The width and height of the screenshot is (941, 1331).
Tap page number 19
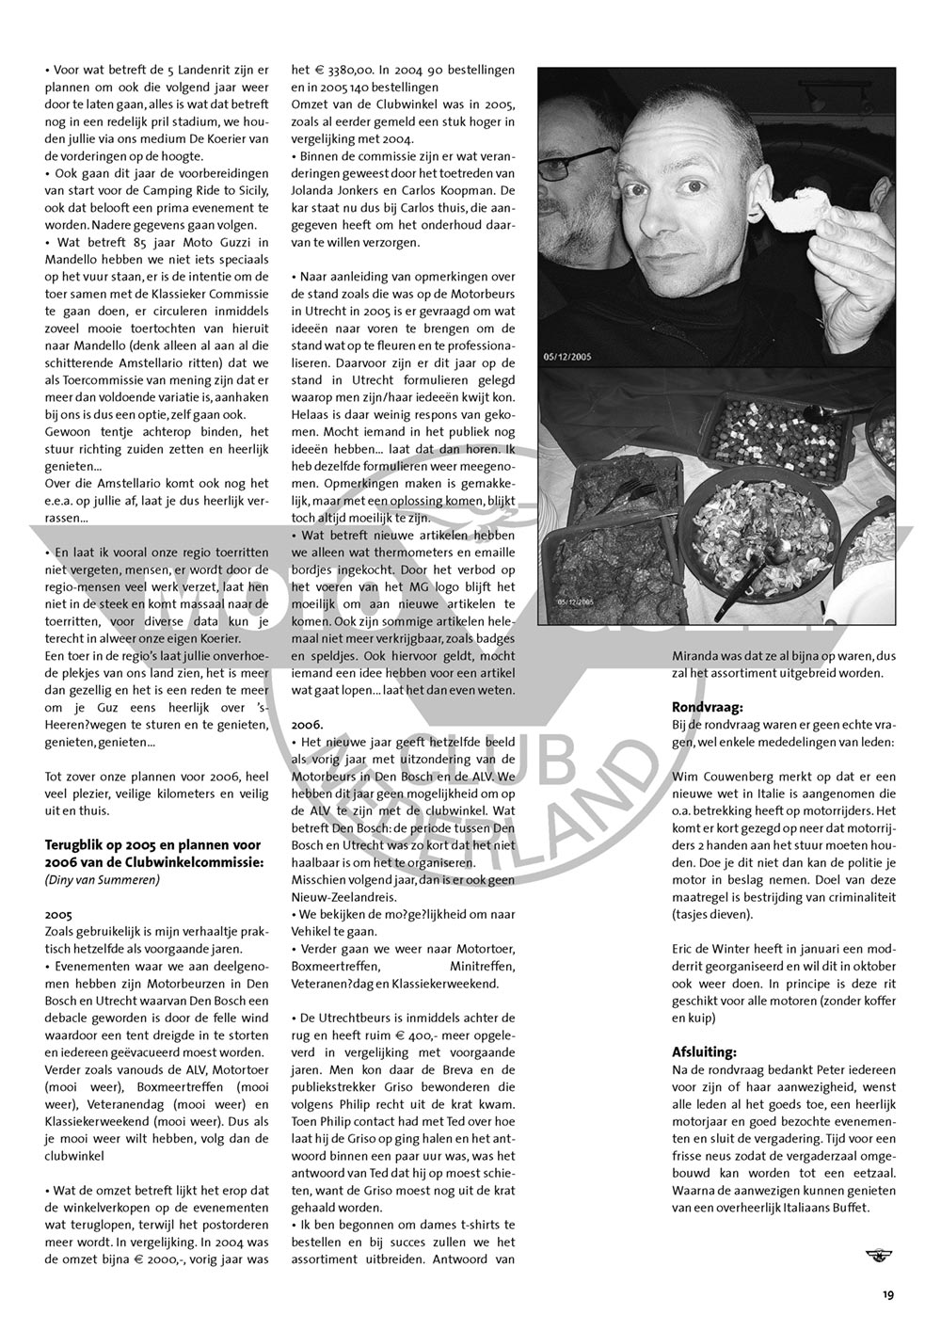click(x=888, y=1295)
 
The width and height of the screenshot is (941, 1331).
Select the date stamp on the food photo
click(x=575, y=599)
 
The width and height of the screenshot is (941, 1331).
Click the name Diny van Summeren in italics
click(x=102, y=879)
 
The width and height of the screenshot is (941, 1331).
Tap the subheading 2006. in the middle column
click(x=307, y=725)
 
